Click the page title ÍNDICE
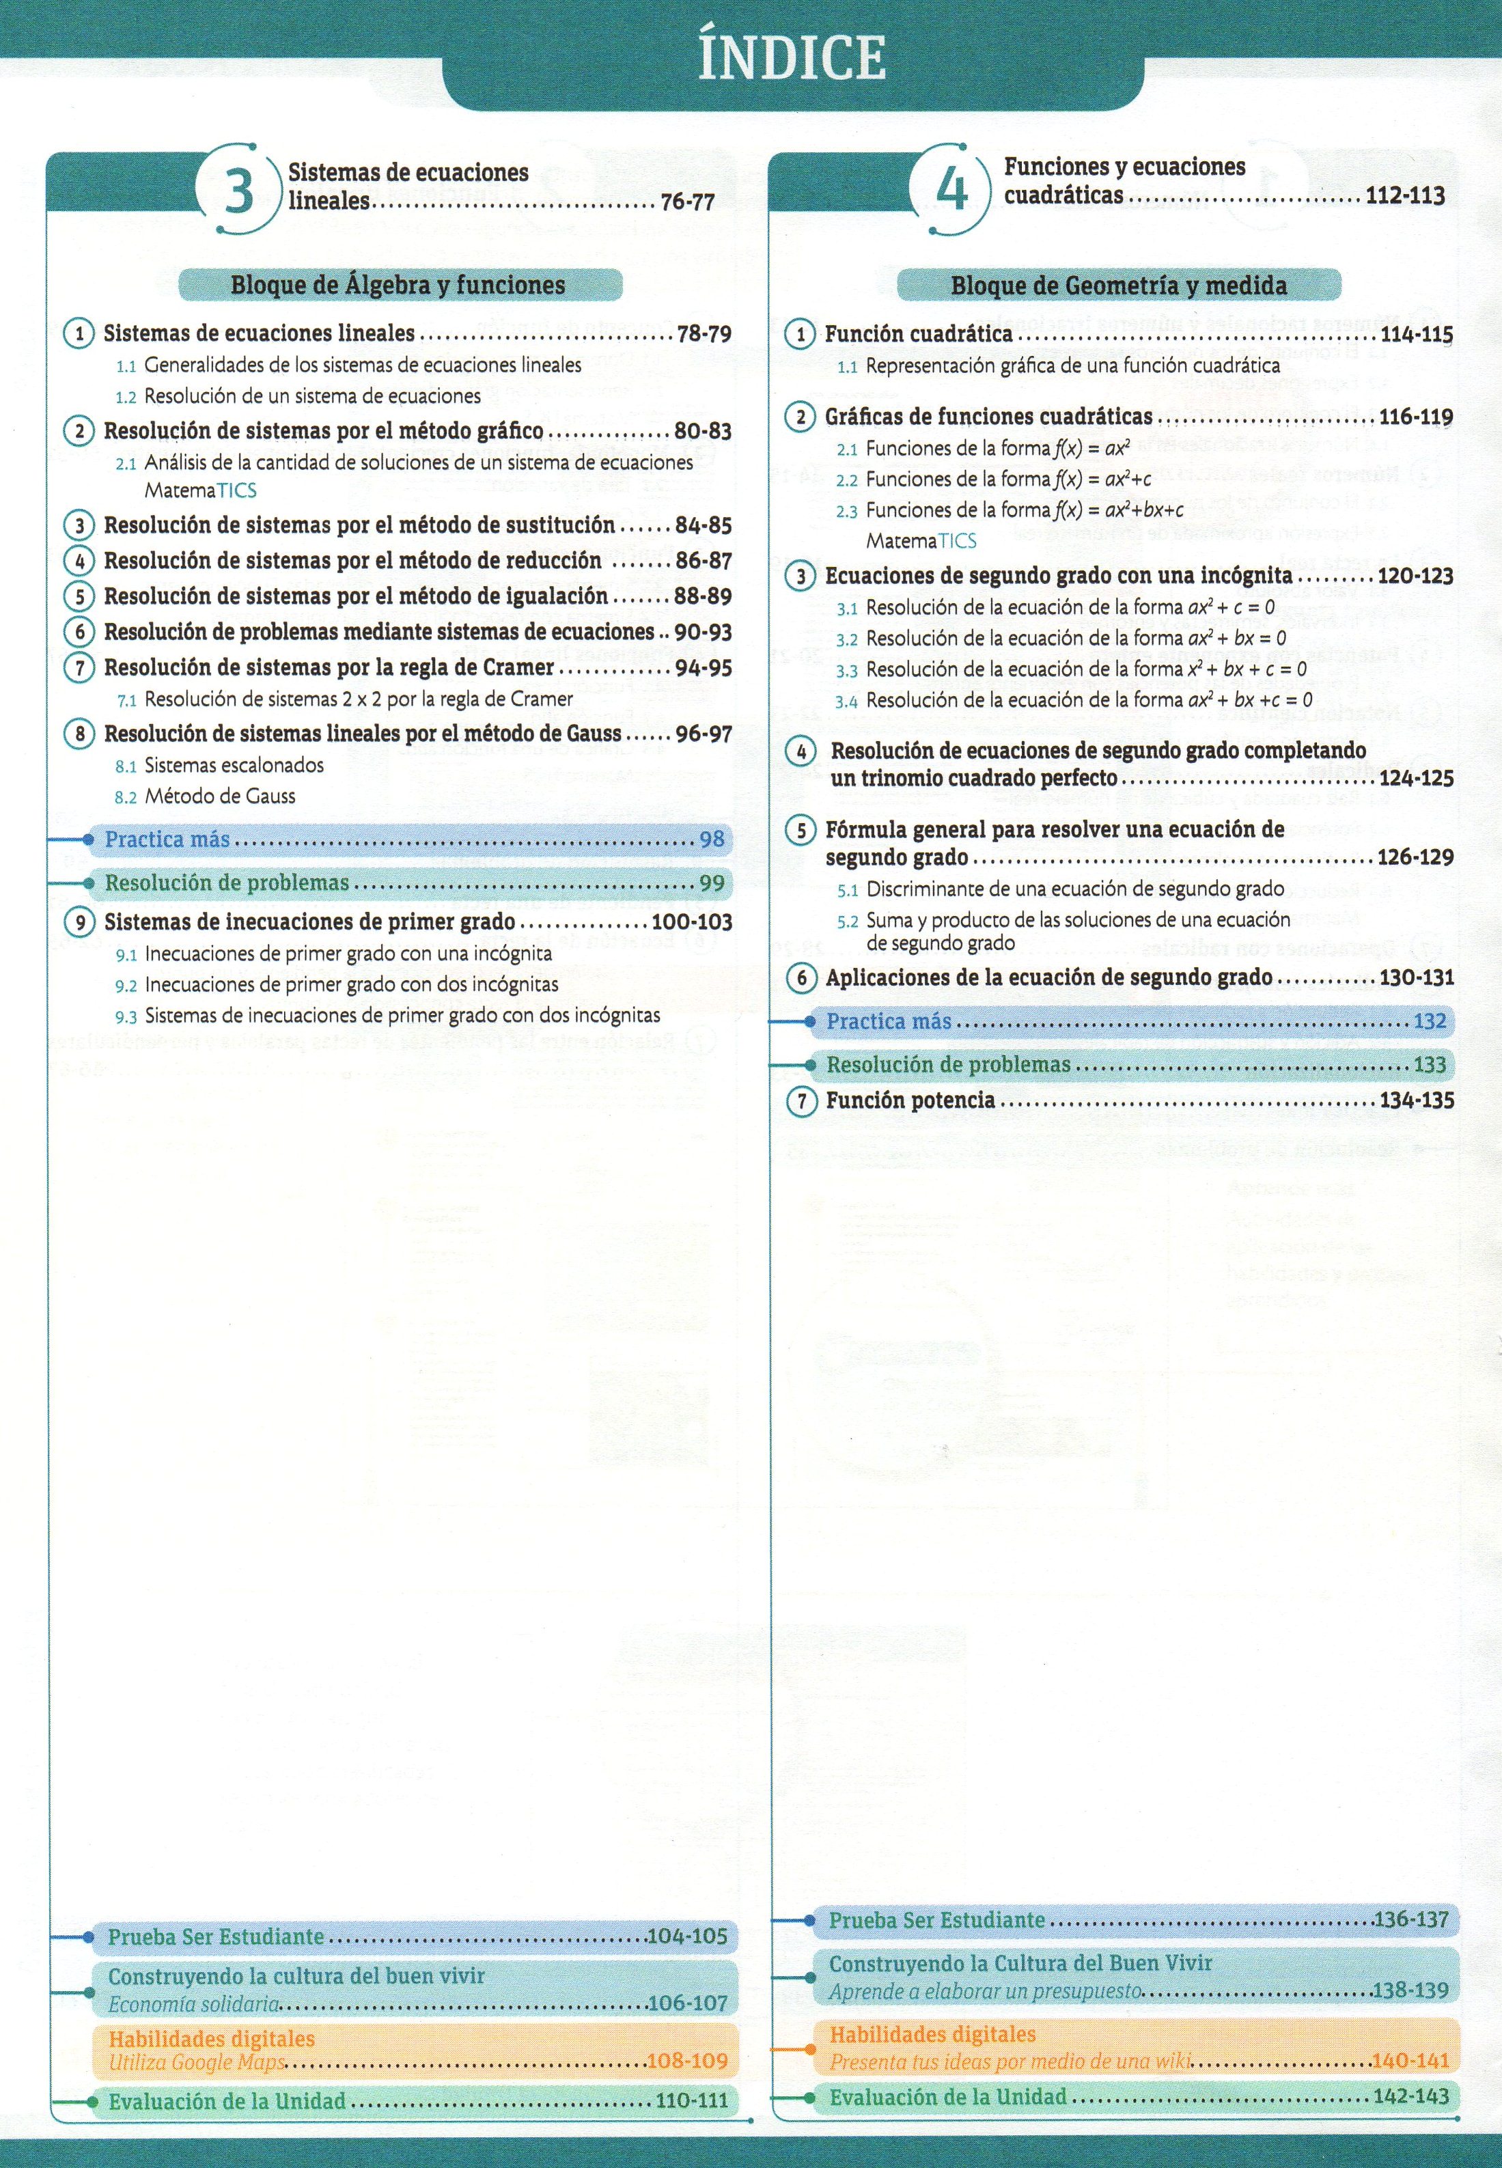point(792,58)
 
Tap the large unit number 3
point(239,191)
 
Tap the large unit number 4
point(952,189)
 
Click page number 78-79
point(704,334)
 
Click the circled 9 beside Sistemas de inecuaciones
point(80,923)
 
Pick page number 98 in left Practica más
point(712,839)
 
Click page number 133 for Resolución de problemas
point(1430,1065)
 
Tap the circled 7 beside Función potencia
point(801,1101)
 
